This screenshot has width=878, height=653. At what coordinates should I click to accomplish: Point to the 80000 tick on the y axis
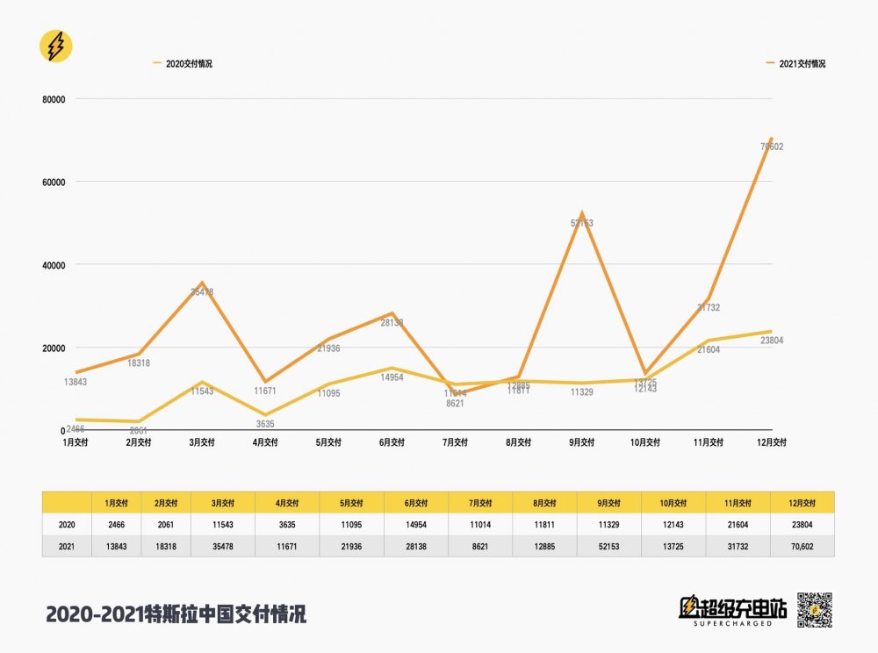click(x=54, y=99)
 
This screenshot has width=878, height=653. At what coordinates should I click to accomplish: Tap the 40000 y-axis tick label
click(x=54, y=265)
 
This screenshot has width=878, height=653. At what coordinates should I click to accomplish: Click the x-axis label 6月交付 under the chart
click(x=392, y=442)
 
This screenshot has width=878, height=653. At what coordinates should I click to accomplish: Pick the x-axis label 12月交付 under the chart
click(x=770, y=442)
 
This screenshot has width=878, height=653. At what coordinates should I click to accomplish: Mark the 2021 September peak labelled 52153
click(x=581, y=213)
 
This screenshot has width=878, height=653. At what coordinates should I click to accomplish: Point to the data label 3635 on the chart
click(x=264, y=424)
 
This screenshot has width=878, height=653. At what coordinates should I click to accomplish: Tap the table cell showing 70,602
click(x=802, y=545)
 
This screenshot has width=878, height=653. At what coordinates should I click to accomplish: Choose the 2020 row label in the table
click(x=67, y=524)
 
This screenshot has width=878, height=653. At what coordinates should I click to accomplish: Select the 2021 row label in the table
click(x=67, y=545)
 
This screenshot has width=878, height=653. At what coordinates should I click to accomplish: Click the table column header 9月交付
click(x=608, y=503)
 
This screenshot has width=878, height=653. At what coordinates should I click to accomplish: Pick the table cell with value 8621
click(x=480, y=545)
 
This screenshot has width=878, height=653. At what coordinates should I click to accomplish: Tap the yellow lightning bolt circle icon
click(x=56, y=47)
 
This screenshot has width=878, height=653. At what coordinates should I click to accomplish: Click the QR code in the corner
click(x=814, y=610)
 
